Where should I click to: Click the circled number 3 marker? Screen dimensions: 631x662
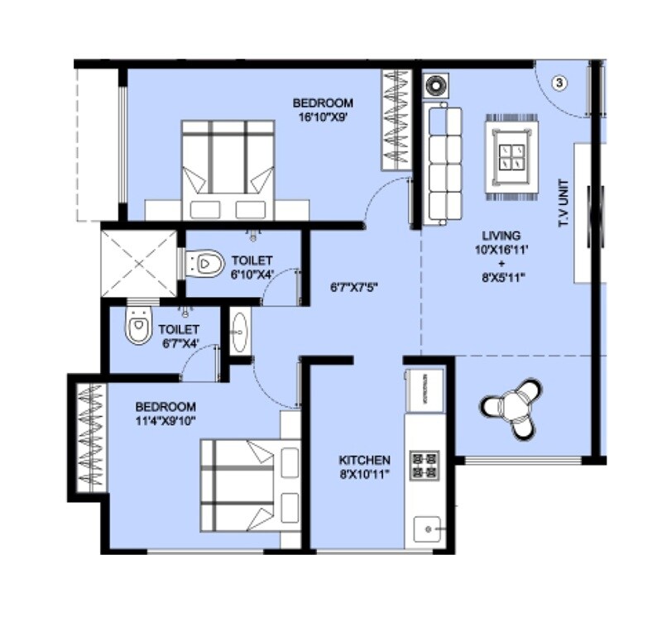pyautogui.click(x=560, y=83)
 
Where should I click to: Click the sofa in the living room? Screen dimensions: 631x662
pyautogui.click(x=444, y=163)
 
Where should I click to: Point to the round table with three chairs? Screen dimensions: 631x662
pyautogui.click(x=512, y=407)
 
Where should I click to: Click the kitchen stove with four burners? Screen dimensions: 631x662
pyautogui.click(x=425, y=465)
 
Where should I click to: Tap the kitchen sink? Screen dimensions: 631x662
pyautogui.click(x=427, y=527)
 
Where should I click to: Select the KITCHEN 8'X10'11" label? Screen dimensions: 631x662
pyautogui.click(x=364, y=466)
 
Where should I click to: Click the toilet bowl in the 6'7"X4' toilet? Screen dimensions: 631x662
pyautogui.click(x=138, y=328)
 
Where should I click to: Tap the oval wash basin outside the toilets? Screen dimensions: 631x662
pyautogui.click(x=239, y=331)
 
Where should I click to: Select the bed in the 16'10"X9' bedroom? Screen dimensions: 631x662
pyautogui.click(x=228, y=170)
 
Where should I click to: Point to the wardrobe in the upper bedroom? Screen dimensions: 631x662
pyautogui.click(x=396, y=120)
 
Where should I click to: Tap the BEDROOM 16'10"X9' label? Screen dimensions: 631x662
pyautogui.click(x=323, y=109)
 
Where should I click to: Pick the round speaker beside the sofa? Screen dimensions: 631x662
pyautogui.click(x=435, y=84)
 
